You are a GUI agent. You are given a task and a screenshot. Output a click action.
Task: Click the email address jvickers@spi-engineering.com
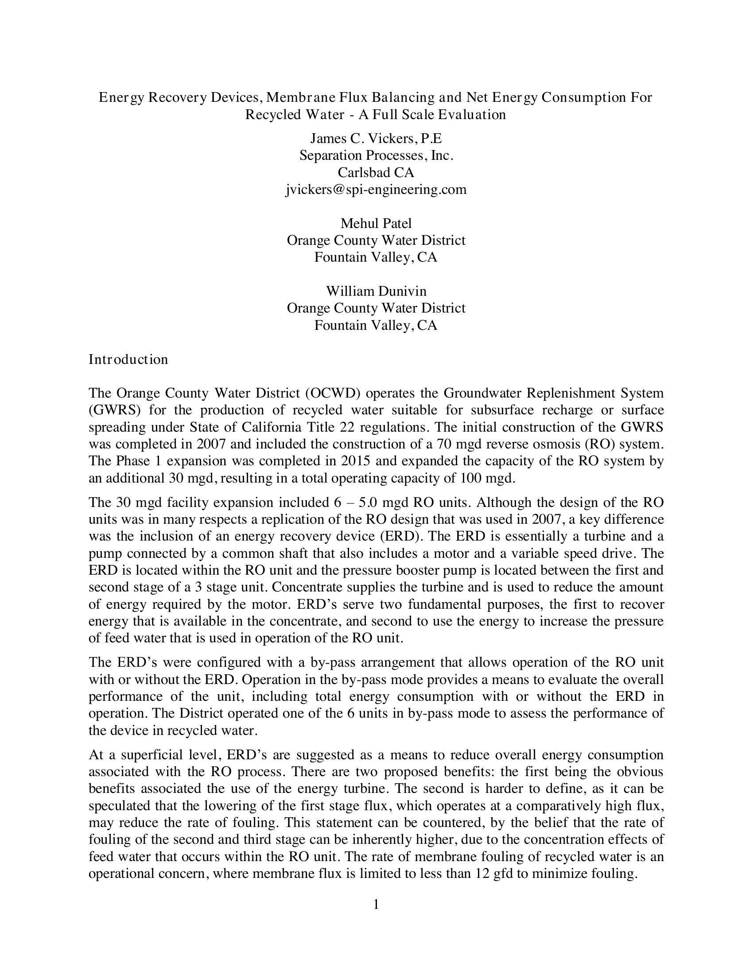(376, 189)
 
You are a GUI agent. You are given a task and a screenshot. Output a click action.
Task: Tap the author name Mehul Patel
(376, 223)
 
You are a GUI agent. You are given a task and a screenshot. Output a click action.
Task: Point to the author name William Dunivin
(376, 291)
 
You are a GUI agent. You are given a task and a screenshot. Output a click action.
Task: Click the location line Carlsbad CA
(376, 173)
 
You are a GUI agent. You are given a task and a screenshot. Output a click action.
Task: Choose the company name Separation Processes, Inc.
(376, 156)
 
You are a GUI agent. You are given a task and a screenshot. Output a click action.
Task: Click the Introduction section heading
(128, 359)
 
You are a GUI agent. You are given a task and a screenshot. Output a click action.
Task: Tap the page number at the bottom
(376, 905)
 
